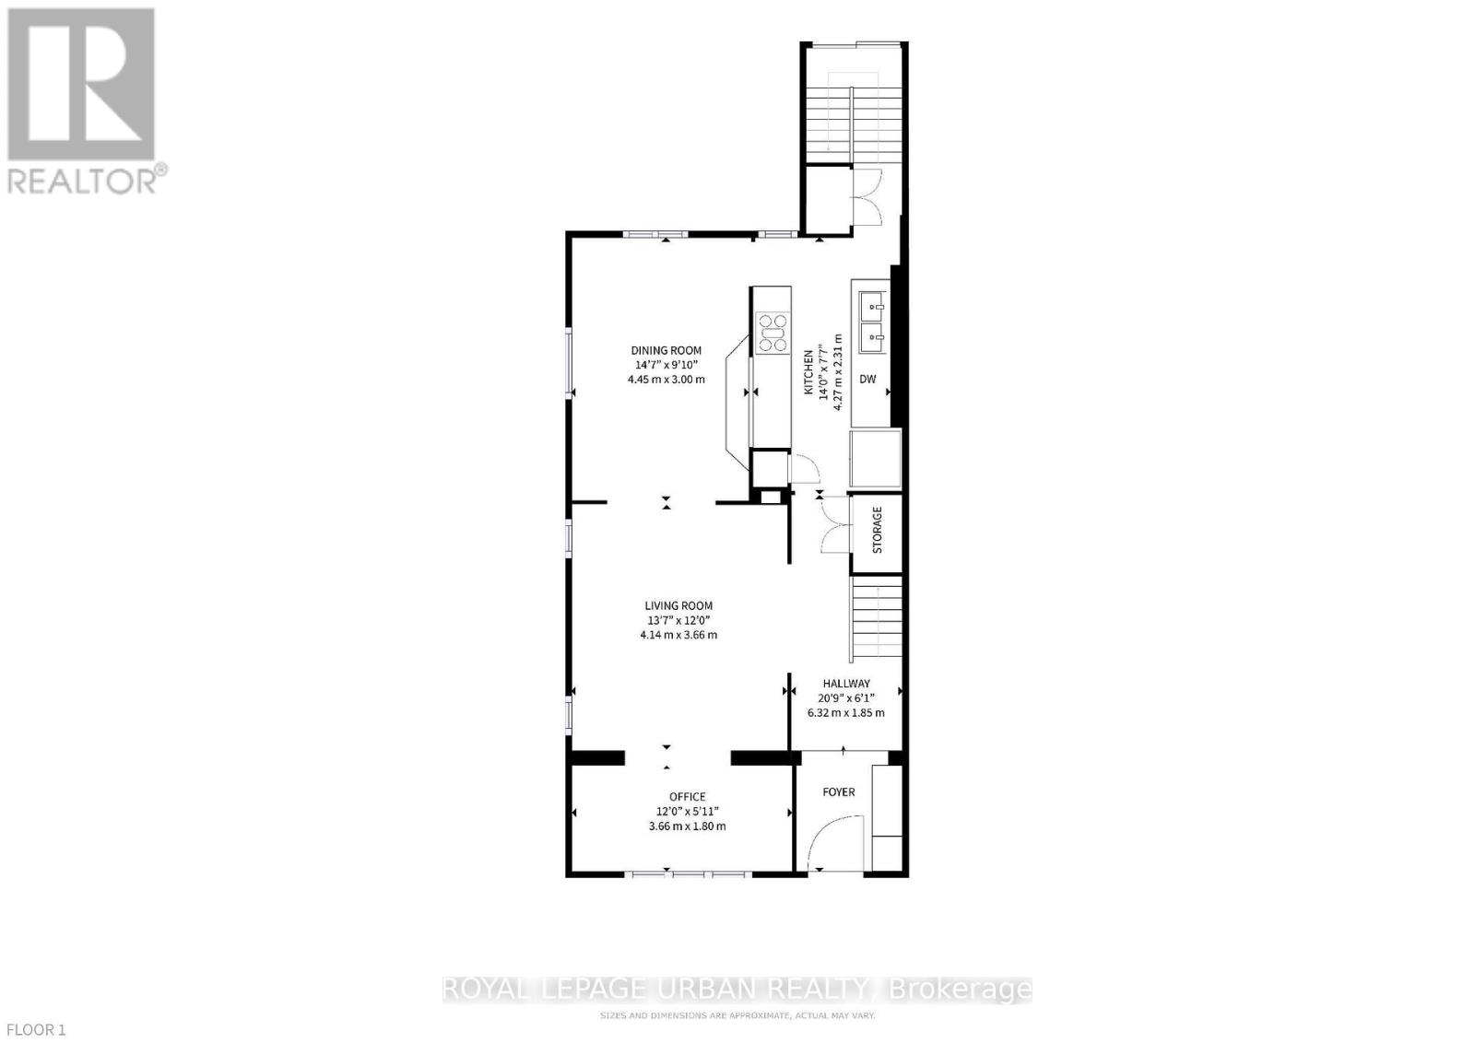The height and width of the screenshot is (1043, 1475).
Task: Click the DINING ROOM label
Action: coord(666,350)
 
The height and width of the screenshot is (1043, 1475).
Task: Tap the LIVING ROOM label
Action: coord(678,605)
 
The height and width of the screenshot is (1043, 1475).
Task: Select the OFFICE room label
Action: coord(687,796)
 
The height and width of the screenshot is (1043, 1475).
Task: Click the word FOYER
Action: coord(838,791)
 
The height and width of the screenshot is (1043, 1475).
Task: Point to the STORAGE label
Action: coord(877,530)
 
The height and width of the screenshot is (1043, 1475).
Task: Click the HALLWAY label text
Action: coord(845,684)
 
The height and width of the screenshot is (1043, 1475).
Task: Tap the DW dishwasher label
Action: coord(867,379)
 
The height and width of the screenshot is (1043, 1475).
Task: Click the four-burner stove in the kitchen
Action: coord(773,333)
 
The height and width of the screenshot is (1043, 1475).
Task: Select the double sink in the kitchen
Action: coord(871,322)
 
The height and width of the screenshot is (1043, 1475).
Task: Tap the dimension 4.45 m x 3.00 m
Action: coord(666,379)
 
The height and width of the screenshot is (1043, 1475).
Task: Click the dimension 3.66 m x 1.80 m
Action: coord(687,826)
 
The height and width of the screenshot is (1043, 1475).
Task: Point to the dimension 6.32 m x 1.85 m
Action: coord(845,712)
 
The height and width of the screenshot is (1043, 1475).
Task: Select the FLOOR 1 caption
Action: coord(34,1029)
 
